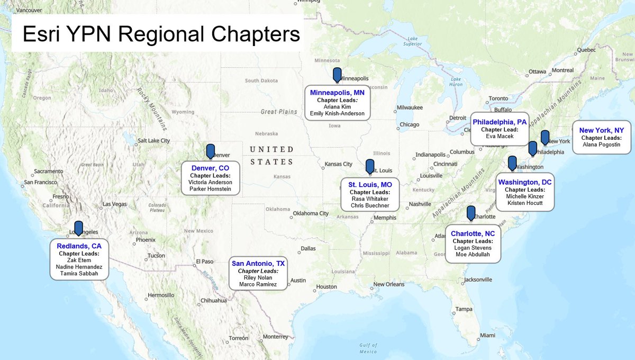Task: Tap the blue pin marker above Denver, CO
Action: pos(211,151)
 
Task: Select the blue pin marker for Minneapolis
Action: pos(337,75)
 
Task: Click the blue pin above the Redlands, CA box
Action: pos(78,228)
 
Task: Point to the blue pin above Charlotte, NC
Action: pos(471,213)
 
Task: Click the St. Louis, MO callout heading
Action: pos(370,184)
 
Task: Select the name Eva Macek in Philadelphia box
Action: pos(497,136)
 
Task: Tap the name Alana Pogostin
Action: pos(601,144)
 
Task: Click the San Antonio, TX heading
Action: pos(259,263)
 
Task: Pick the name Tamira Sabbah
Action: pos(80,273)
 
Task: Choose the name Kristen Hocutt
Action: pos(524,203)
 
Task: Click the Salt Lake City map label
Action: pos(153,141)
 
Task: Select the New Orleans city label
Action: pos(388,284)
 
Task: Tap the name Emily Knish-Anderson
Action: pos(337,113)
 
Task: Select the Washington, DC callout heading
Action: pos(524,182)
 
